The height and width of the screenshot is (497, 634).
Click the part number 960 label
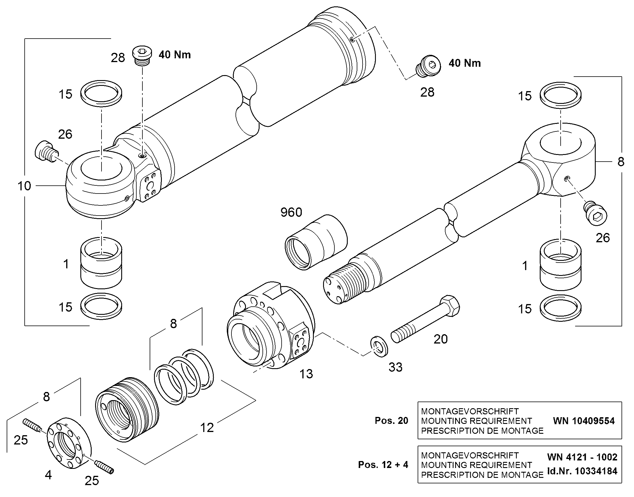pyautogui.click(x=291, y=212)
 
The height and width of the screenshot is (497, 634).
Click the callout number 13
pyautogui.click(x=306, y=374)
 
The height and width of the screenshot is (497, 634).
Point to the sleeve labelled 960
pyautogui.click(x=316, y=242)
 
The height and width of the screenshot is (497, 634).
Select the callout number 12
pyautogui.click(x=207, y=427)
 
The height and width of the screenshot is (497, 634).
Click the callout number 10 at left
pyautogui.click(x=24, y=186)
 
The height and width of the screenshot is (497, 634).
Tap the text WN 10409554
pyautogui.click(x=584, y=421)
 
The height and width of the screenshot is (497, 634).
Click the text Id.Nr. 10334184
pyautogui.click(x=582, y=471)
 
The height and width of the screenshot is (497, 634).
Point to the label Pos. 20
pyautogui.click(x=392, y=420)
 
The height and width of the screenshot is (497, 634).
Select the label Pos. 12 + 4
pyautogui.click(x=383, y=465)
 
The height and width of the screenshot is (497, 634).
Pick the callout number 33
pyautogui.click(x=396, y=367)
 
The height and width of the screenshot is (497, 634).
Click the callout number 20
pyautogui.click(x=441, y=339)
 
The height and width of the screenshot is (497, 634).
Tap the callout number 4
pyautogui.click(x=48, y=475)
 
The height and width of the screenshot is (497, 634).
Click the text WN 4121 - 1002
pyautogui.click(x=582, y=457)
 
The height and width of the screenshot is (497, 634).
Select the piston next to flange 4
pyautogui.click(x=127, y=410)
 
